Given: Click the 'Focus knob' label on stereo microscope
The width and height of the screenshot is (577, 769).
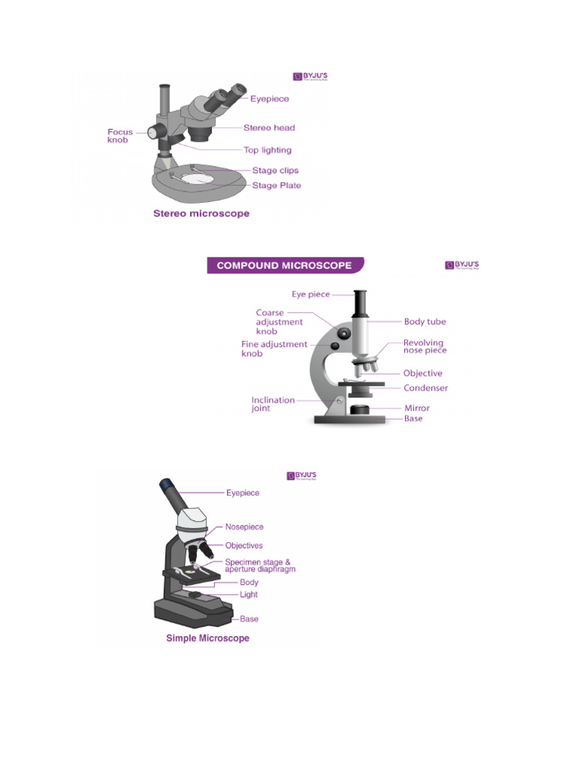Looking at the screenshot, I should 120,136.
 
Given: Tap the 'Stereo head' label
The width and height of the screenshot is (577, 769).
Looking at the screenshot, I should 269,128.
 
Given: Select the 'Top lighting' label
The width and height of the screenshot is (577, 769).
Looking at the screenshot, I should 267,150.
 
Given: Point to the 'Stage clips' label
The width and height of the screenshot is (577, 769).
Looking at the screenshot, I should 275,171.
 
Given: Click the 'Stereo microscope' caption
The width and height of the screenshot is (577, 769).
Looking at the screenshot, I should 201,213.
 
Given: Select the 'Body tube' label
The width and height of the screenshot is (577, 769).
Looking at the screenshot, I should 424,321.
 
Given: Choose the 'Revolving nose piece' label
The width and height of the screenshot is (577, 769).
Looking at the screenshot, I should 424,347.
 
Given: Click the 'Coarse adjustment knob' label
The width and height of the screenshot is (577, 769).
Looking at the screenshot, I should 279,321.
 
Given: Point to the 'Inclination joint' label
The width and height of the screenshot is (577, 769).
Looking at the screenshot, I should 273,405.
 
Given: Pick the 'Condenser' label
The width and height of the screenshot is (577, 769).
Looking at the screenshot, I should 425,388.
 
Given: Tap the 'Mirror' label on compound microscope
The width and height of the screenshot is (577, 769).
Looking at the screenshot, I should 417,409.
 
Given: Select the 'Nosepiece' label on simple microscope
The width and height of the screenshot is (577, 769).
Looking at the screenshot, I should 244,527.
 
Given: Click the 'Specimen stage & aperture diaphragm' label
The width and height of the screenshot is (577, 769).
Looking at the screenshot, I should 260,565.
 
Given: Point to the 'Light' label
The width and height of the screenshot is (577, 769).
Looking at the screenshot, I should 249,595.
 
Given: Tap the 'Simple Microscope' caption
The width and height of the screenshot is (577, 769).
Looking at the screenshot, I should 207,638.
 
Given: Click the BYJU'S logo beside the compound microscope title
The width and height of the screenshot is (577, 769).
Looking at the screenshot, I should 461,265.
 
